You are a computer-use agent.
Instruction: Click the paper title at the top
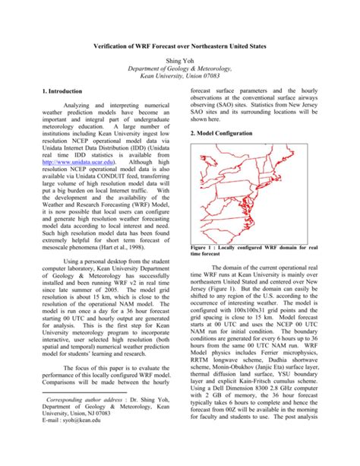tap(179, 46)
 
